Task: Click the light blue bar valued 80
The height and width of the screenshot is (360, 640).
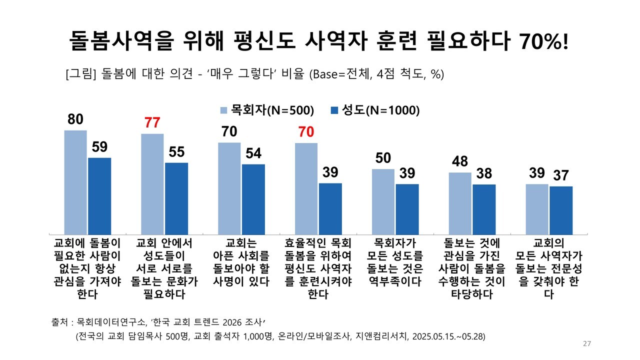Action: click(75, 182)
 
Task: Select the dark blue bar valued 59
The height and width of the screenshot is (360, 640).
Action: click(99, 196)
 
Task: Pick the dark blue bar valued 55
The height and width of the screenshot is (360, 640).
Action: click(176, 198)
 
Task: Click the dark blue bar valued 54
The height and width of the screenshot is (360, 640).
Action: click(253, 199)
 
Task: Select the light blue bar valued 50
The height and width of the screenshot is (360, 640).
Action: click(383, 201)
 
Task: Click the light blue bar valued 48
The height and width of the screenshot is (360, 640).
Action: click(460, 203)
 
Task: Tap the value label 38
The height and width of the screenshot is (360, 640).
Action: click(484, 173)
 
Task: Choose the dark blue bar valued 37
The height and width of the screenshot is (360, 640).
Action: click(561, 210)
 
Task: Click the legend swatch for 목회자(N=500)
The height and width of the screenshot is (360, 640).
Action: click(224, 110)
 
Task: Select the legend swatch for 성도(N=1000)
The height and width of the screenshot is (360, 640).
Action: click(335, 110)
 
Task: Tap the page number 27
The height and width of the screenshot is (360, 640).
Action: click(587, 344)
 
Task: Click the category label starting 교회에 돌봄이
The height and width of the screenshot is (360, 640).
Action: click(87, 268)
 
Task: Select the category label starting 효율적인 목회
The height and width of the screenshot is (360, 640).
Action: click(318, 268)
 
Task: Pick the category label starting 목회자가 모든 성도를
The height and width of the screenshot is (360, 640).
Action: click(395, 262)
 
